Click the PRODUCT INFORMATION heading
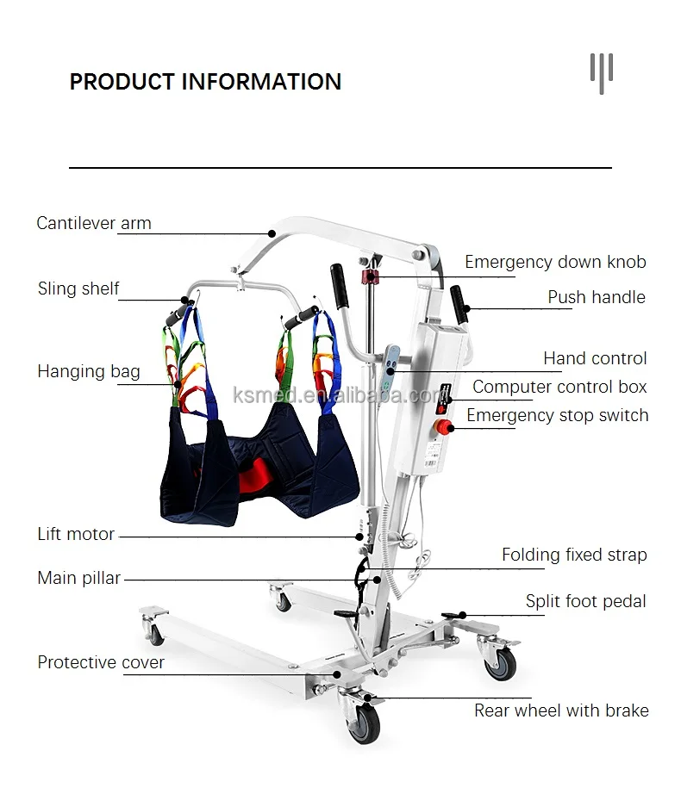[x=205, y=82]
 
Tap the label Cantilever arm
[x=94, y=223]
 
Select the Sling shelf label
[x=78, y=289]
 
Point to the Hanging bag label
[x=89, y=372]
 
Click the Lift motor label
[x=76, y=534]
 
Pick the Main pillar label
[x=79, y=578]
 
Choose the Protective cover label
[x=101, y=662]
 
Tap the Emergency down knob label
[x=555, y=262]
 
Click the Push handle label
[x=597, y=297]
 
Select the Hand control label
[x=595, y=358]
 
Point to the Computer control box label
[x=559, y=387]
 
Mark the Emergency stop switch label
[x=557, y=415]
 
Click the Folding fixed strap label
[x=574, y=555]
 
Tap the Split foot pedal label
[x=585, y=601]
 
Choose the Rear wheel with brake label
[x=561, y=710]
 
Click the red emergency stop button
[x=443, y=427]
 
